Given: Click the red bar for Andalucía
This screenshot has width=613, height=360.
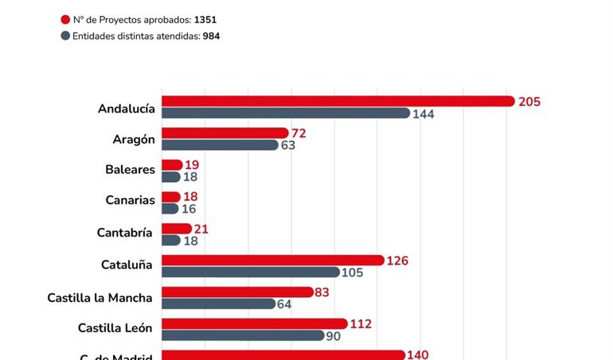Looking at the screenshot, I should (338, 101).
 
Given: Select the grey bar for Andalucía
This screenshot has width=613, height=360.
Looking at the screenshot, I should (286, 113).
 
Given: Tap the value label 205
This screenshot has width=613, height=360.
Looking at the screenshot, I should (529, 101).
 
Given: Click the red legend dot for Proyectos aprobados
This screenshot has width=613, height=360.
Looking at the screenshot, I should (65, 19).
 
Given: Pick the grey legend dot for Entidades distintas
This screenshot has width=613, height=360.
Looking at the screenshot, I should (65, 36).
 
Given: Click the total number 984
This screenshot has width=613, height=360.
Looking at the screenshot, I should (211, 36).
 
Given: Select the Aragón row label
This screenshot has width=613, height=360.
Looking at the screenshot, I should (134, 139).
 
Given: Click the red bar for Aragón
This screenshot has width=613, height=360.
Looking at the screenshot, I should (225, 133).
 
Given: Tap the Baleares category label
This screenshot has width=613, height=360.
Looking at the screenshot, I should (130, 170).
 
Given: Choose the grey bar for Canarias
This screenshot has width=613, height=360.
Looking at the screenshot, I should (170, 209).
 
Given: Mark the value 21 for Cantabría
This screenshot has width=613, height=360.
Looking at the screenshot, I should (201, 229).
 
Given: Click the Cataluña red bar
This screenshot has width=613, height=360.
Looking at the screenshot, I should (273, 260).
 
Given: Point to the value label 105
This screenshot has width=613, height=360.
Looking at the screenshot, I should (352, 272).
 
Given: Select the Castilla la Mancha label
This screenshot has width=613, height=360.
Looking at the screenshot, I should (100, 298).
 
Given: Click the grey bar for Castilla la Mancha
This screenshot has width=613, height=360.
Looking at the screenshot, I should (218, 304).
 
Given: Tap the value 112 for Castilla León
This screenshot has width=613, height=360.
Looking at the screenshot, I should (361, 324).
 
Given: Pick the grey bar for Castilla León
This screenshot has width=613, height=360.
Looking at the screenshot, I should (243, 336).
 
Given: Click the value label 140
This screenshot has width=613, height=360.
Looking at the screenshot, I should (418, 355).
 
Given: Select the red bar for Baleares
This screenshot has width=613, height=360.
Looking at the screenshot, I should (172, 165).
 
